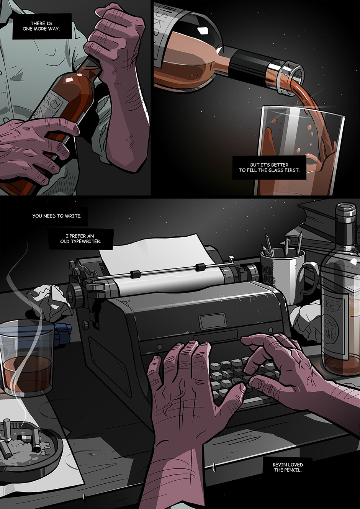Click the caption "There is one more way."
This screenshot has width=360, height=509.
(41, 26)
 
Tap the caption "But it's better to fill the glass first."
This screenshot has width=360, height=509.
(269, 167)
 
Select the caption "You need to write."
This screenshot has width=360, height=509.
(57, 216)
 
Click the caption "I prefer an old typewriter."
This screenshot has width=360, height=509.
(81, 239)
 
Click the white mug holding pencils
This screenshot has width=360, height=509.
(284, 275)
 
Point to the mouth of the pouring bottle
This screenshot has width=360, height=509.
(293, 77)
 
